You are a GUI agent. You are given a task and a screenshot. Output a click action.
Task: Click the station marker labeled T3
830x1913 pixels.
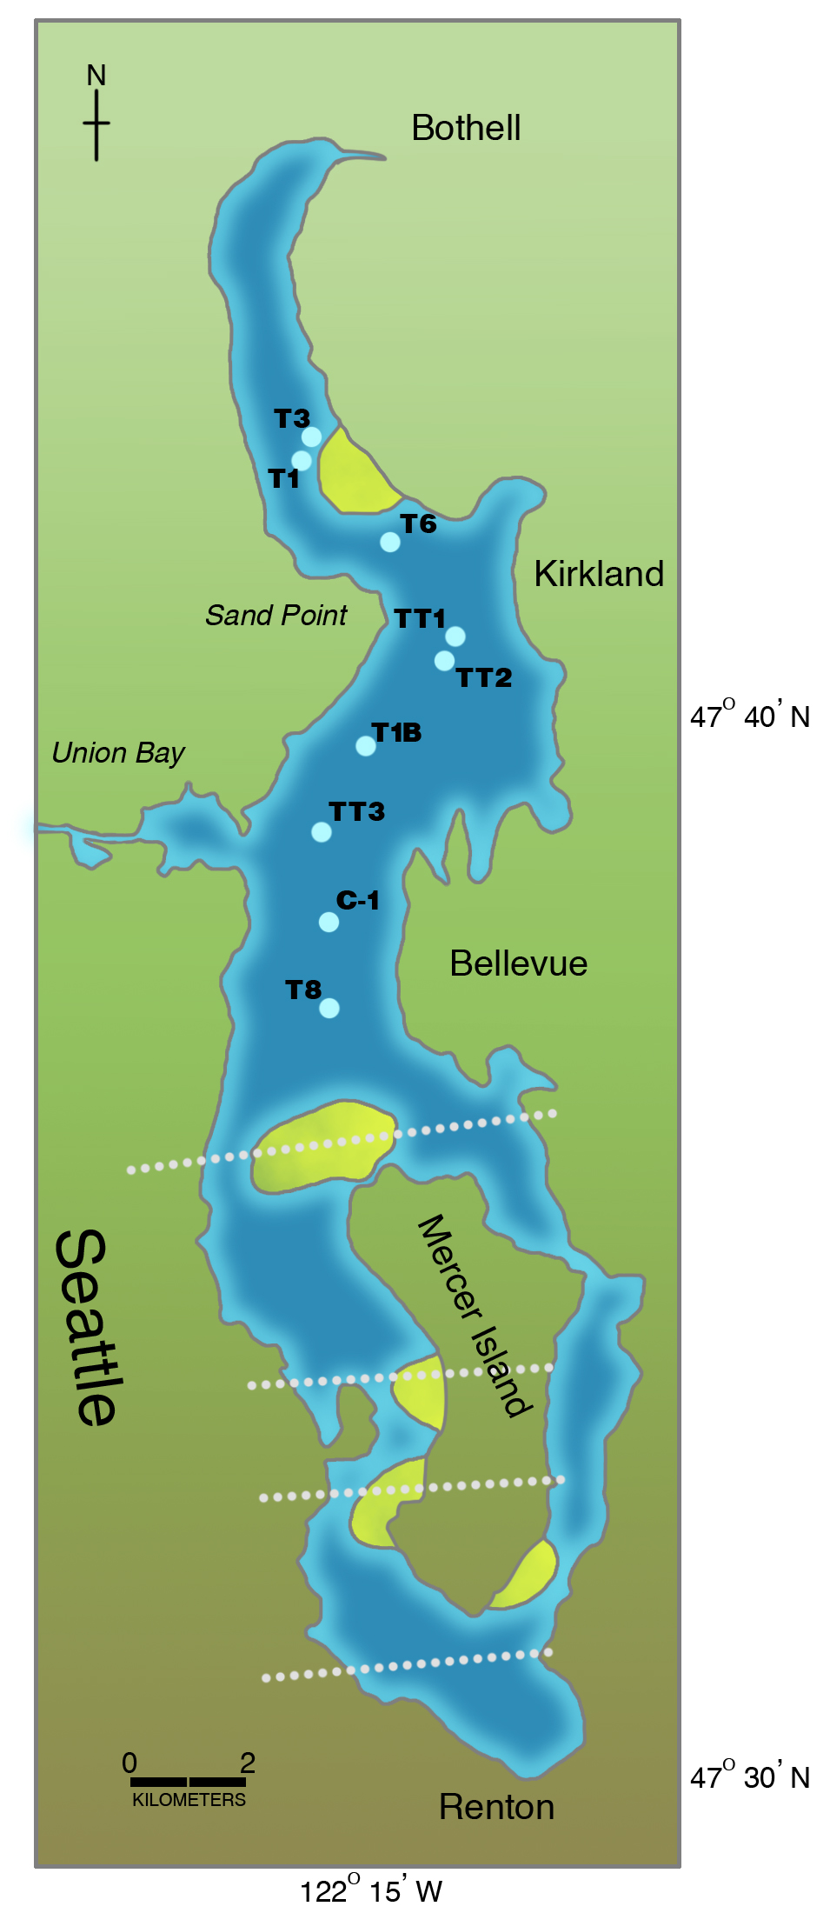pos(311,437)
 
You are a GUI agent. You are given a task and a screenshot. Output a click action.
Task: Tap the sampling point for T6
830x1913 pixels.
pos(390,542)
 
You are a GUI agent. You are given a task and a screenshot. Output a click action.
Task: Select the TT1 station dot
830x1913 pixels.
pos(455,637)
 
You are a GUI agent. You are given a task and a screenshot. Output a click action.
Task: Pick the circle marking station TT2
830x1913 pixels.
pos(444,661)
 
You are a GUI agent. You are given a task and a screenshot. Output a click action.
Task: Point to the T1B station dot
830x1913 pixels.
pos(366,745)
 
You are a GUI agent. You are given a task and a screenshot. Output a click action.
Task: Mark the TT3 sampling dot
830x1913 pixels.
pos(322,832)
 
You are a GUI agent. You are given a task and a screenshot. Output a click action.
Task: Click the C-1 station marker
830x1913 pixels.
pos(329,922)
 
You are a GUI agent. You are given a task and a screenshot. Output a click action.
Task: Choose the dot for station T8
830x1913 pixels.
pos(329,1008)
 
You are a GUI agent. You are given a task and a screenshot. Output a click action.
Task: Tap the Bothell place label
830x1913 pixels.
pos(466,129)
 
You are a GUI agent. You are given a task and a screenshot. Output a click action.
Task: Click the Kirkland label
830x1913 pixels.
pos(599,574)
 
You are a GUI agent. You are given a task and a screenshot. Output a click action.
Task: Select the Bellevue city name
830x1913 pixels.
pos(518,963)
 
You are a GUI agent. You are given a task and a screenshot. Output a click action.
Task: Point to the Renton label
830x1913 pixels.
pos(496,1807)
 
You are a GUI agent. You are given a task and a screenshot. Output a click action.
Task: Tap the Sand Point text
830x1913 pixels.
pos(276,616)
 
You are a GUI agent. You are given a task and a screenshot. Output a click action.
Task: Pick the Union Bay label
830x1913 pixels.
pos(118,753)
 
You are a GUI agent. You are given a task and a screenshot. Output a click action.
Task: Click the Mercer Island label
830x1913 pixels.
pos(474,1316)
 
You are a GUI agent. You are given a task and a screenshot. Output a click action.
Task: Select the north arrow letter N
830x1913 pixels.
pos(96,77)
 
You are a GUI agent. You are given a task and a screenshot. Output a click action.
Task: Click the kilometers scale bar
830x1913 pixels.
pos(188,1782)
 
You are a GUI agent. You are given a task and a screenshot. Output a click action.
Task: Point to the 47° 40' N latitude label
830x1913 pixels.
pos(749,716)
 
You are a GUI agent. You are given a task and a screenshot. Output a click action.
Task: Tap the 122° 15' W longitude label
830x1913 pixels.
pos(371,1890)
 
